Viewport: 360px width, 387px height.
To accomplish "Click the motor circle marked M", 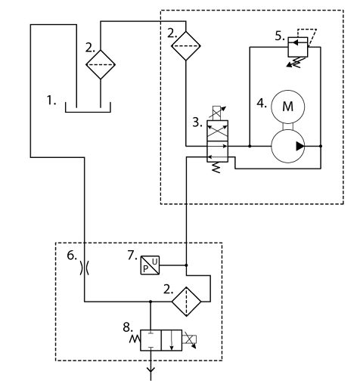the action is click(287, 107).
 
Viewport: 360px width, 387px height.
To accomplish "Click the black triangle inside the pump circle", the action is click(299, 146).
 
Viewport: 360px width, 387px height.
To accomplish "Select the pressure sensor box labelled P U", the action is click(150, 265).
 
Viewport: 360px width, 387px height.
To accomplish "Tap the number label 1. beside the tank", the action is click(51, 101).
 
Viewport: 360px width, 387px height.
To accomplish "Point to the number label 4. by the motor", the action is click(262, 104).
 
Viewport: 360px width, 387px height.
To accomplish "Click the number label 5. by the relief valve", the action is click(280, 36).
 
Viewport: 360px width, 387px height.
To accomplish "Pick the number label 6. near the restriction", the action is click(72, 255).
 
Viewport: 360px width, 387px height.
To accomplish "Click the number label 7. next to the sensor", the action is click(132, 255).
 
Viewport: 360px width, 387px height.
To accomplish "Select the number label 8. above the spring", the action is click(128, 327).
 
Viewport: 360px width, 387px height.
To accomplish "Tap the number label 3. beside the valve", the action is click(197, 122).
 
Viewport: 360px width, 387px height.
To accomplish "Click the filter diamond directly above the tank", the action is click(101, 64).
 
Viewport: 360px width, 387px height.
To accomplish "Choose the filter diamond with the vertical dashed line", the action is click(186, 301).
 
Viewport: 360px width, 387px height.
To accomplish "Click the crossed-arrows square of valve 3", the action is click(217, 131).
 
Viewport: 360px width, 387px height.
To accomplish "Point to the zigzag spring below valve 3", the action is click(216, 168).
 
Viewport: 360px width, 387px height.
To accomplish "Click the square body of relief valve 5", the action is click(298, 47).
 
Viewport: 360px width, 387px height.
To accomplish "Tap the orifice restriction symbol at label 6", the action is click(85, 268).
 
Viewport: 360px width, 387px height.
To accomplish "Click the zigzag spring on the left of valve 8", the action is click(135, 339).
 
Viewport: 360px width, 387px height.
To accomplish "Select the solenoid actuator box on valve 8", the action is click(189, 339).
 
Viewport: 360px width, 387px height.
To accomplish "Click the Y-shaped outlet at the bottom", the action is click(151, 371).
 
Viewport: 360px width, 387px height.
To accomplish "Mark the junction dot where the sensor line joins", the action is click(186, 265).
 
